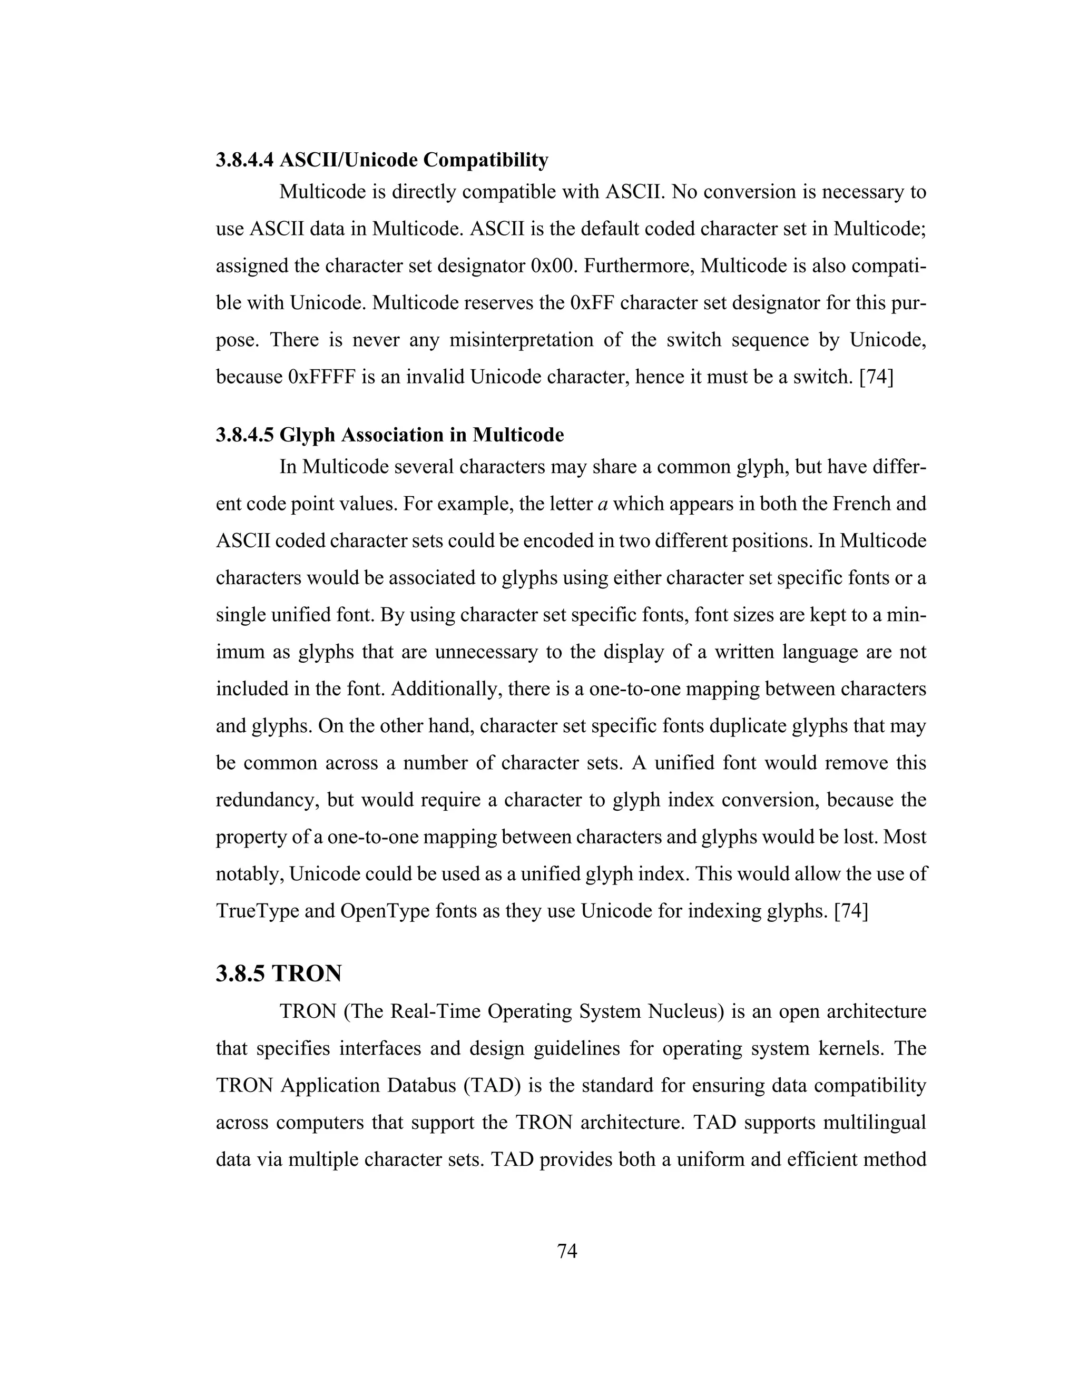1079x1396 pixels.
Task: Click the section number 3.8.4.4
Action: click(245, 160)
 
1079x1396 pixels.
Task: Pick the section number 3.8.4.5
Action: click(245, 435)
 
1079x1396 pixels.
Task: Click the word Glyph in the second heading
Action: click(307, 435)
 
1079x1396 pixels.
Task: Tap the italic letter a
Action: click(602, 504)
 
